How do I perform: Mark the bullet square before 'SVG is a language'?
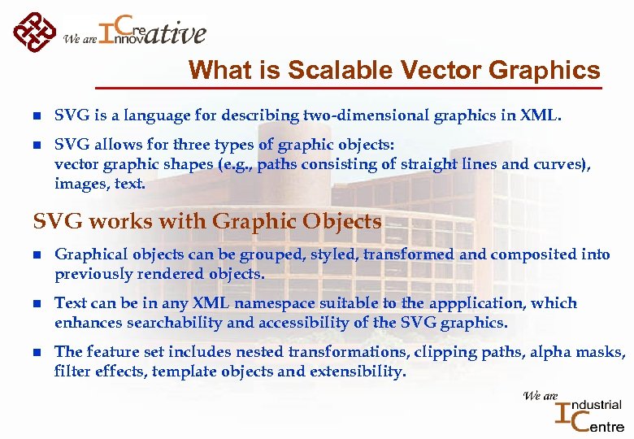pyautogui.click(x=36, y=116)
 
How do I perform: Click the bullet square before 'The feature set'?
pyautogui.click(x=36, y=353)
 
